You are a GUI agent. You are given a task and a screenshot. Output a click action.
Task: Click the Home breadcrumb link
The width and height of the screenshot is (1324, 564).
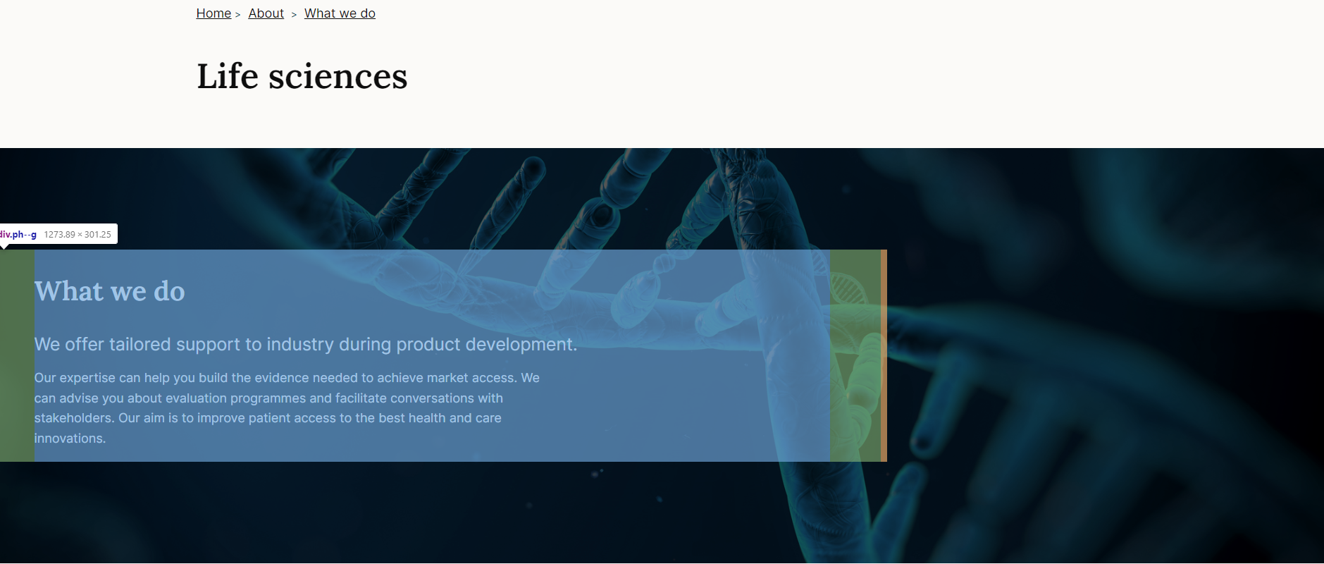tap(214, 13)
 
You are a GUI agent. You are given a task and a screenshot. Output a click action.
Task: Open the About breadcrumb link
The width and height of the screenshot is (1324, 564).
tap(266, 13)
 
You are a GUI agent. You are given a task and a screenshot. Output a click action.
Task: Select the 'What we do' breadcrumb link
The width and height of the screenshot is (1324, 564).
tap(340, 13)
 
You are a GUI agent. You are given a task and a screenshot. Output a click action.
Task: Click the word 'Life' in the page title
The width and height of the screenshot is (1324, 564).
tap(228, 76)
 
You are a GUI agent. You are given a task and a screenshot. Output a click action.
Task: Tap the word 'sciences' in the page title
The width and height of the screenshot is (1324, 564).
tap(338, 76)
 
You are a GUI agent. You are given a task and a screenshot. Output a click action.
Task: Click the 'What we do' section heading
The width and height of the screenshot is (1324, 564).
tap(110, 291)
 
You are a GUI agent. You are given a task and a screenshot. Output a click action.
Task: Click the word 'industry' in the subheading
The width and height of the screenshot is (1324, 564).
tap(300, 345)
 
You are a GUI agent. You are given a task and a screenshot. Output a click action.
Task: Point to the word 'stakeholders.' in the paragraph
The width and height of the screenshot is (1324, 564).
tap(74, 418)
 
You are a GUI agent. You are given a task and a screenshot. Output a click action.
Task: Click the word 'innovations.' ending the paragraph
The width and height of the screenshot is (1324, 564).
tap(70, 439)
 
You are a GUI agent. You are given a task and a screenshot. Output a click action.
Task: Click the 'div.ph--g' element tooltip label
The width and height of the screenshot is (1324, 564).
tap(18, 234)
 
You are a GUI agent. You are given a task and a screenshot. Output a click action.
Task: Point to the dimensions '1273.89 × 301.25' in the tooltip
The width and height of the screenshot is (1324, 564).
tap(78, 234)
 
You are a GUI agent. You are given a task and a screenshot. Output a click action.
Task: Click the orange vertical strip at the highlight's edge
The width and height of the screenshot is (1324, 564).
tap(884, 355)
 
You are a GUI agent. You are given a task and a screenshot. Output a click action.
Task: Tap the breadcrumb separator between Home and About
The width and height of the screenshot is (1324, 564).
tap(238, 15)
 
